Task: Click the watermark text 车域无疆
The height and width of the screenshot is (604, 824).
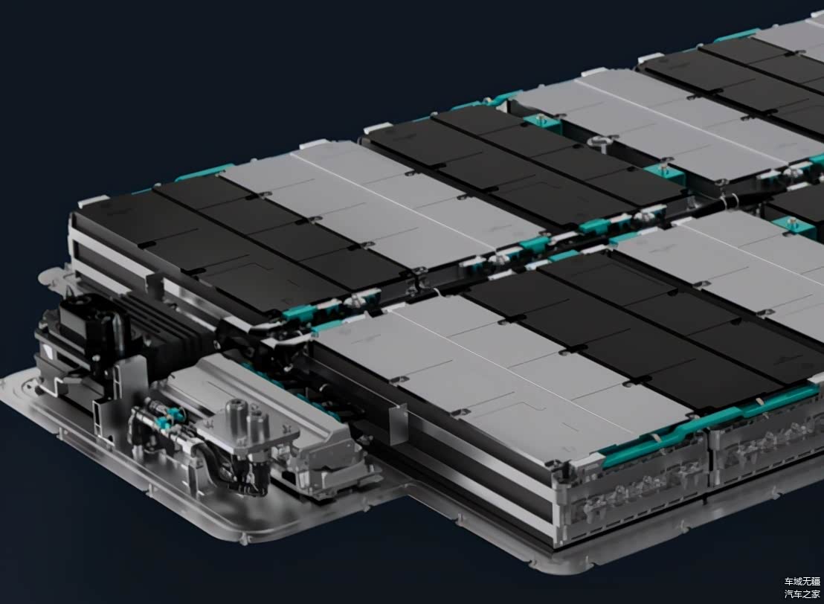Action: point(802,582)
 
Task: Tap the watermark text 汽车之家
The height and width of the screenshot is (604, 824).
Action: point(802,594)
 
